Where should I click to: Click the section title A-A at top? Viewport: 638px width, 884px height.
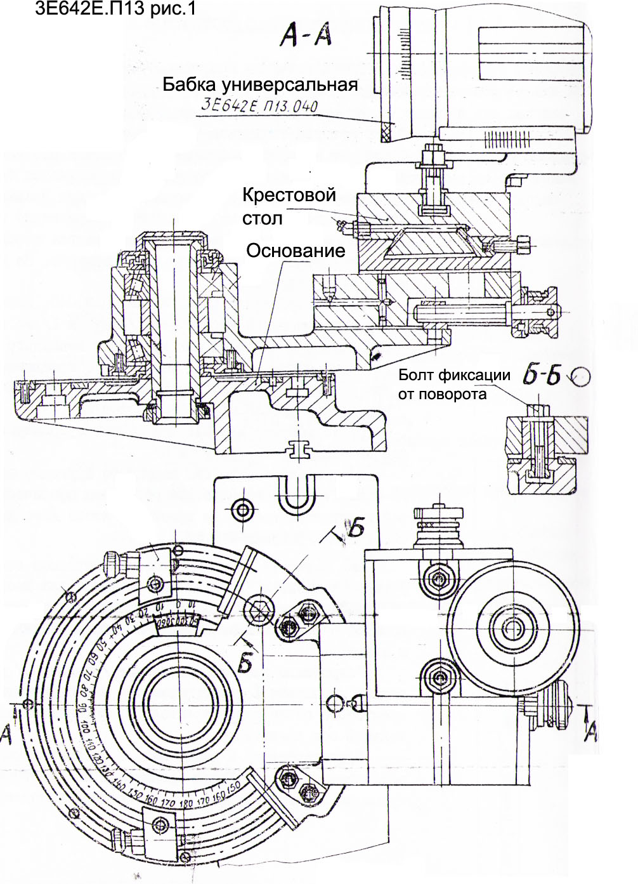(306, 36)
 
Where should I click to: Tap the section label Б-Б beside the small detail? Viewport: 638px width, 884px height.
(541, 376)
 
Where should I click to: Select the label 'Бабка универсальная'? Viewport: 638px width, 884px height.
(260, 84)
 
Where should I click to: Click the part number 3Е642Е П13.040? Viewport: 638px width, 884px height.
(259, 105)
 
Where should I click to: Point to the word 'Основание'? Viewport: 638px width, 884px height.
(296, 251)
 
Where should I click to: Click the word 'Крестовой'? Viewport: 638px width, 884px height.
(289, 195)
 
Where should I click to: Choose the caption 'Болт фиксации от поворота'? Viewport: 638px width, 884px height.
(454, 384)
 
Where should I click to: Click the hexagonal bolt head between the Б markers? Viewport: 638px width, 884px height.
(261, 610)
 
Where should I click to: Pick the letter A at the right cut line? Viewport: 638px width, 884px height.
(590, 733)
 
